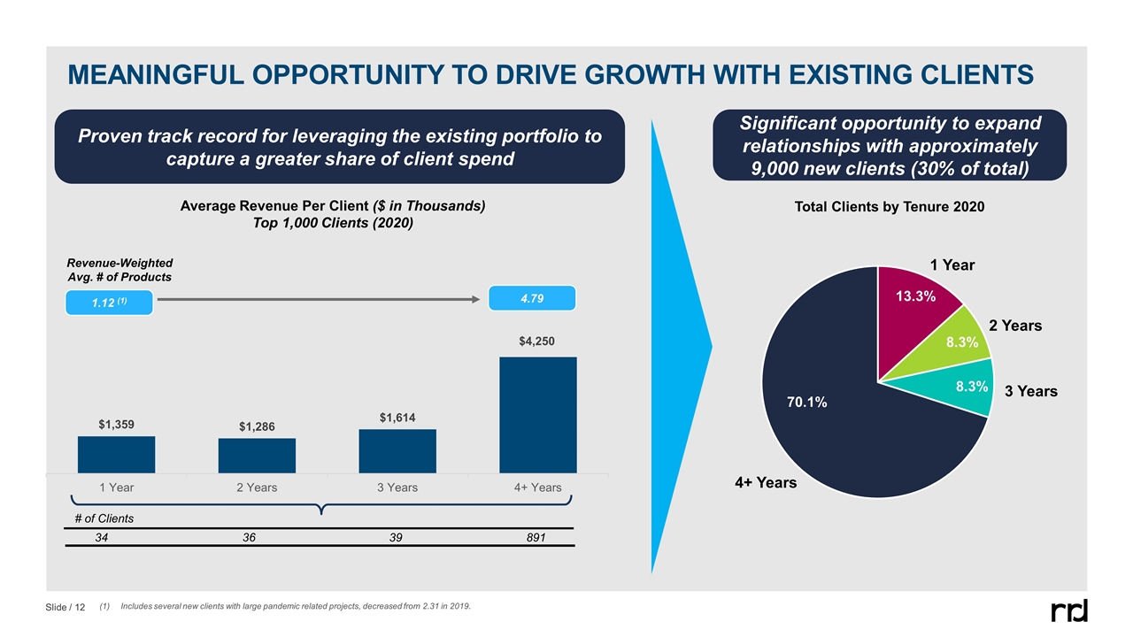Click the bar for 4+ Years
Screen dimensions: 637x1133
[537, 414]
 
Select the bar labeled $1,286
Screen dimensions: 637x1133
[257, 455]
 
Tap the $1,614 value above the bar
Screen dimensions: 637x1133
[397, 417]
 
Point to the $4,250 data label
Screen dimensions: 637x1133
[538, 341]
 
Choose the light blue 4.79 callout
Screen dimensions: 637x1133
[532, 298]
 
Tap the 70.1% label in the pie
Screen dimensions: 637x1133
[807, 403]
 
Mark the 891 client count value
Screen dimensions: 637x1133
[536, 537]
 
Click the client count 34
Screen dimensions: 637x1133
[103, 537]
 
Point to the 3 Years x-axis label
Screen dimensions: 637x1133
[397, 487]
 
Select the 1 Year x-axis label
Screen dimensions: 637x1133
[116, 487]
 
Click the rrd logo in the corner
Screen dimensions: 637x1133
[1069, 610]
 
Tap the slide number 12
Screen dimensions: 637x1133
[80, 607]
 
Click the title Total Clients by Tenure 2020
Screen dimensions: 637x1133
[888, 206]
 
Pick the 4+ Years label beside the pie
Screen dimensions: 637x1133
[765, 483]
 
